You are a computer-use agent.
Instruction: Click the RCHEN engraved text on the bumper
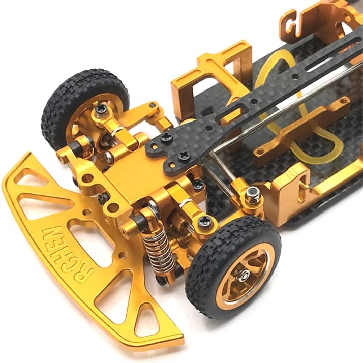coord(68,254)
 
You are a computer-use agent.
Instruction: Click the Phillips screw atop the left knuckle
coord(102,109)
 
